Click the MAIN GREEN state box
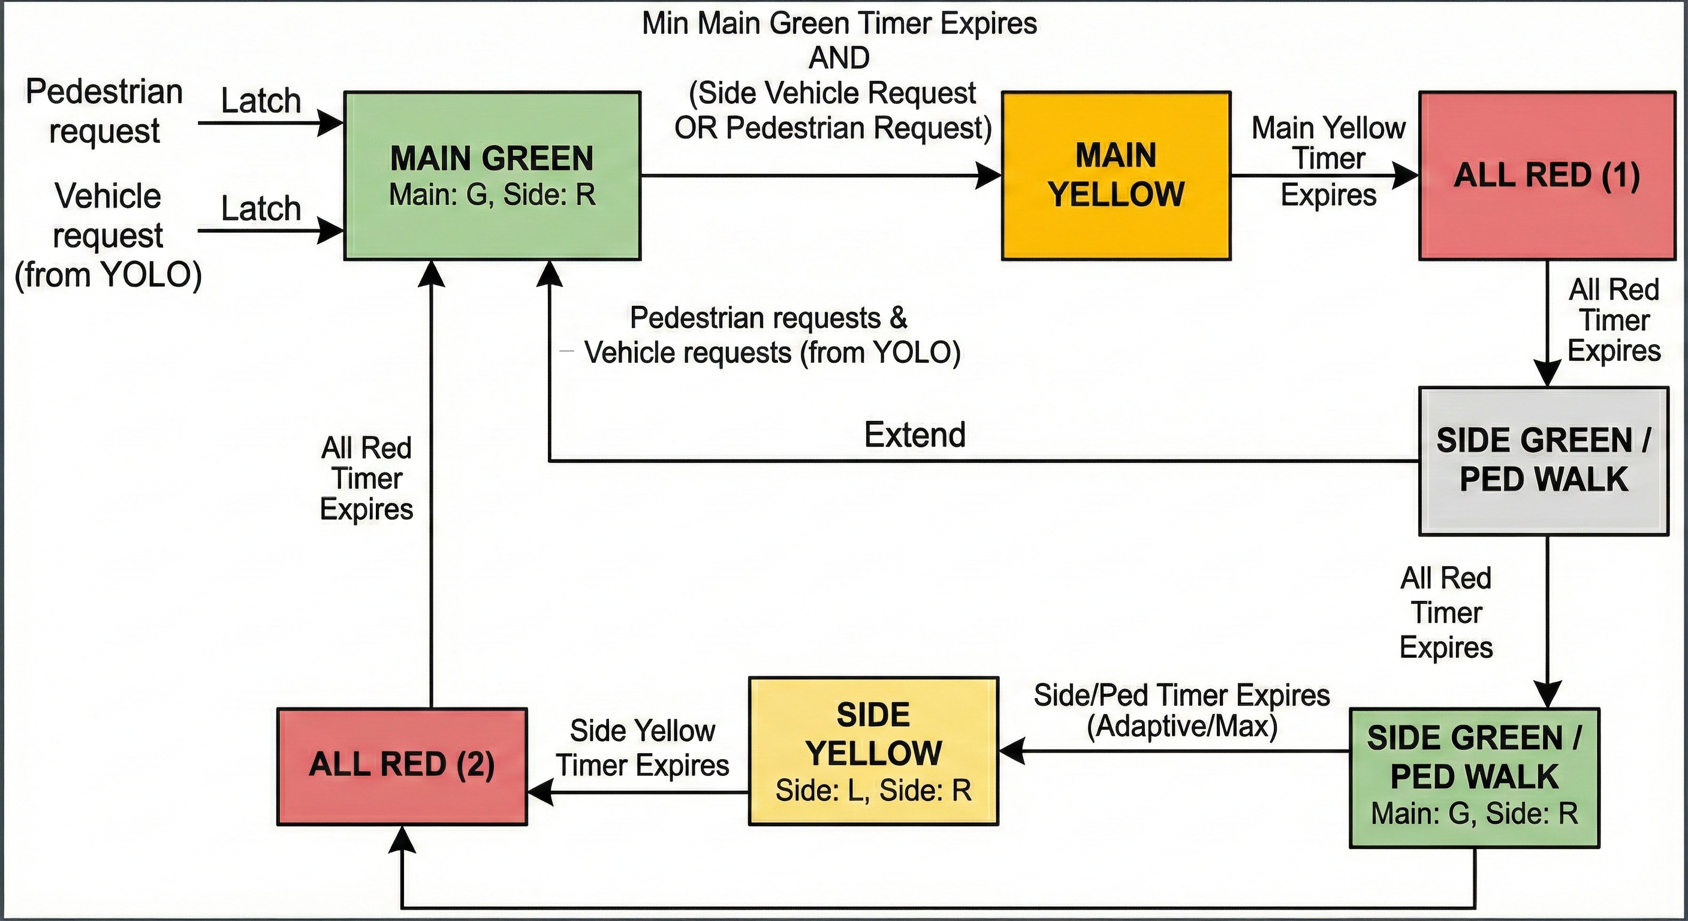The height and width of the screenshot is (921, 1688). (492, 176)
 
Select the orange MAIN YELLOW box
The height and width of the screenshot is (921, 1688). (1116, 176)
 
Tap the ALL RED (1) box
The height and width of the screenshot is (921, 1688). (1547, 176)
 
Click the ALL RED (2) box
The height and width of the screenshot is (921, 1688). (402, 766)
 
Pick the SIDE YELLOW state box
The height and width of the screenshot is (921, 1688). (873, 751)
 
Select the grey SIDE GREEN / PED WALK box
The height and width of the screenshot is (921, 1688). (1543, 461)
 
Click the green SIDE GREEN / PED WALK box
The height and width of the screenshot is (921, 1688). (1475, 778)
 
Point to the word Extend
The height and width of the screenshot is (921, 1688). (915, 435)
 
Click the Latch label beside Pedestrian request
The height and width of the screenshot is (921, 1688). (261, 101)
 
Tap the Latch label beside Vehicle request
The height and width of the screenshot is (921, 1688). (261, 209)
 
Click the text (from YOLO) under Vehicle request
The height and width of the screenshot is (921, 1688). (108, 275)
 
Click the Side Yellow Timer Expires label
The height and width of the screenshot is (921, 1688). (642, 748)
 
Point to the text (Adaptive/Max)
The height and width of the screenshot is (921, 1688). (1182, 726)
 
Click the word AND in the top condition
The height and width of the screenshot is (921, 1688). (839, 58)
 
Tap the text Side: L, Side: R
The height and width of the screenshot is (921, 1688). (873, 790)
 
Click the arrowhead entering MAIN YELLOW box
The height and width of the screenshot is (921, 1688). (990, 176)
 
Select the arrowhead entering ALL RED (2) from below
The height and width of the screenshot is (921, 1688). (401, 839)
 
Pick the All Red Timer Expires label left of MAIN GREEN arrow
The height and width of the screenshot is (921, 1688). (366, 478)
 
